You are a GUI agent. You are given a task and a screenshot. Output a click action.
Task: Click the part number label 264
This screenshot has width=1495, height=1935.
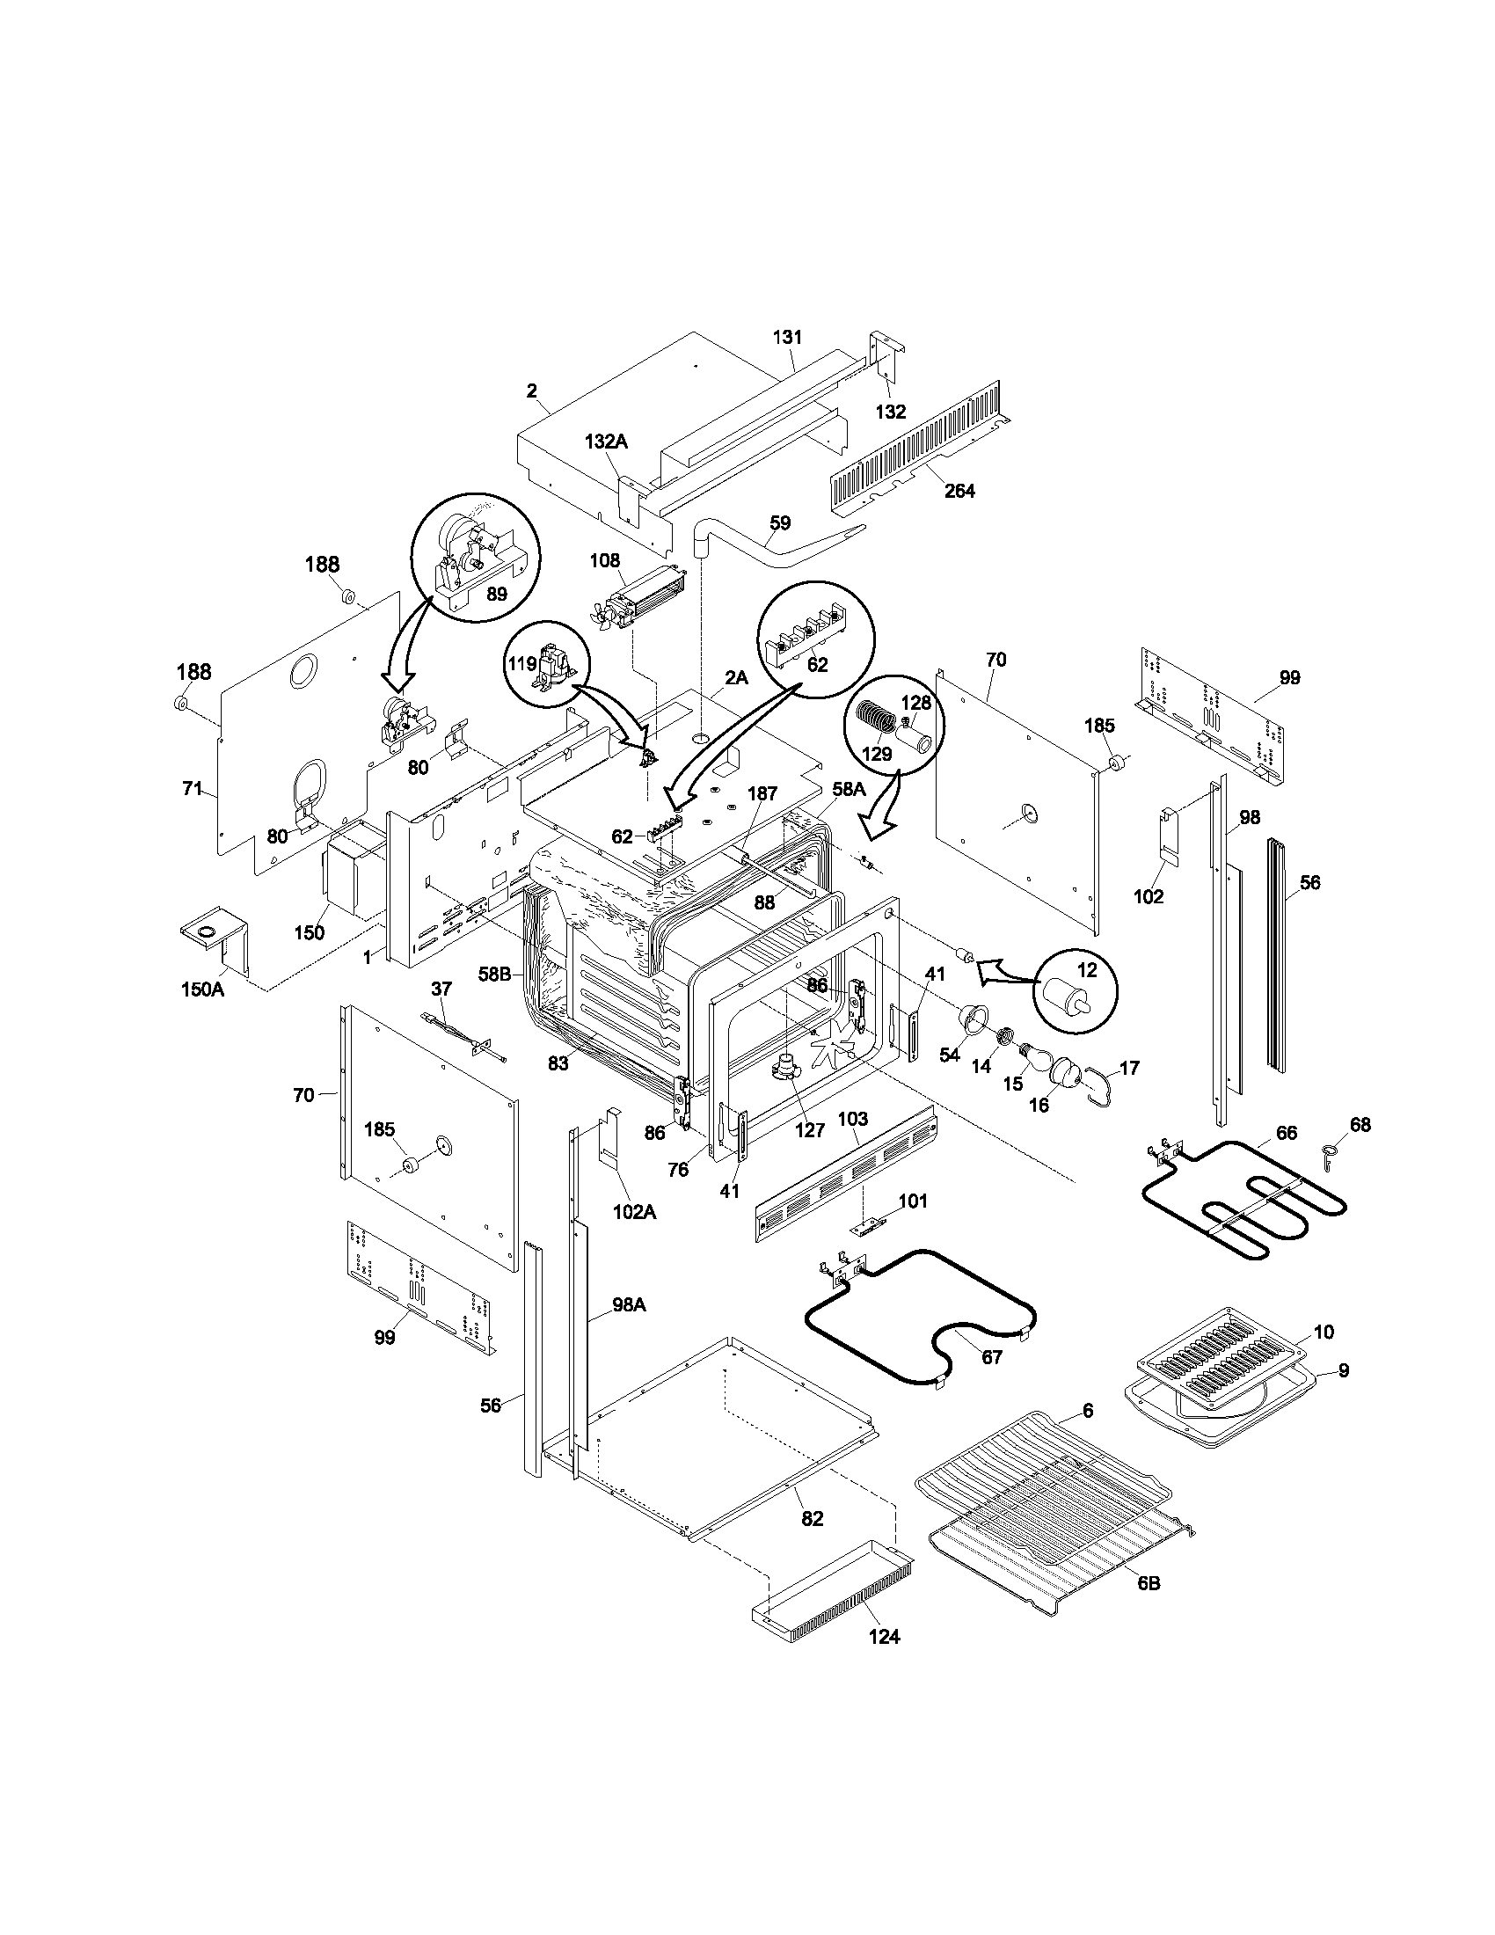[959, 491]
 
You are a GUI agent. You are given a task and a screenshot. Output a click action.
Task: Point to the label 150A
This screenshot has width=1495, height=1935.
[203, 989]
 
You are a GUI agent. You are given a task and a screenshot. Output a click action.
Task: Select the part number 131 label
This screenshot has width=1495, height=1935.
[787, 337]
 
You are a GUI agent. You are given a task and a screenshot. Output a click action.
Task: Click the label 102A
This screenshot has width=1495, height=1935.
[633, 1212]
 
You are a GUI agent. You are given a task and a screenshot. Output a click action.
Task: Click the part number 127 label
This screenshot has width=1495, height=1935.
[809, 1129]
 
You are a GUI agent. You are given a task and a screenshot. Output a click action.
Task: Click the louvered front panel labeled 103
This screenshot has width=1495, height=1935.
[846, 1174]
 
